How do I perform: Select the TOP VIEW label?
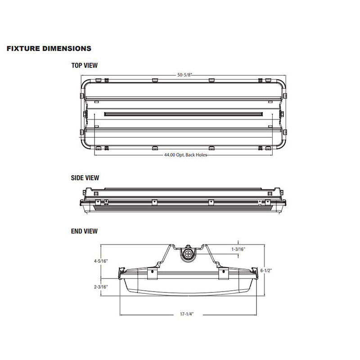coord(84,66)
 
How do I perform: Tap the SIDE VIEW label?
coord(85,178)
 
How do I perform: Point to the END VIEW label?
coord(84,231)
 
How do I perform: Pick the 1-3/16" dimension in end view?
coord(238,249)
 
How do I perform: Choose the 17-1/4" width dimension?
coord(188,314)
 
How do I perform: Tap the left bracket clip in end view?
coord(152,274)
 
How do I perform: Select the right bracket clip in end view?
coord(223,274)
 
